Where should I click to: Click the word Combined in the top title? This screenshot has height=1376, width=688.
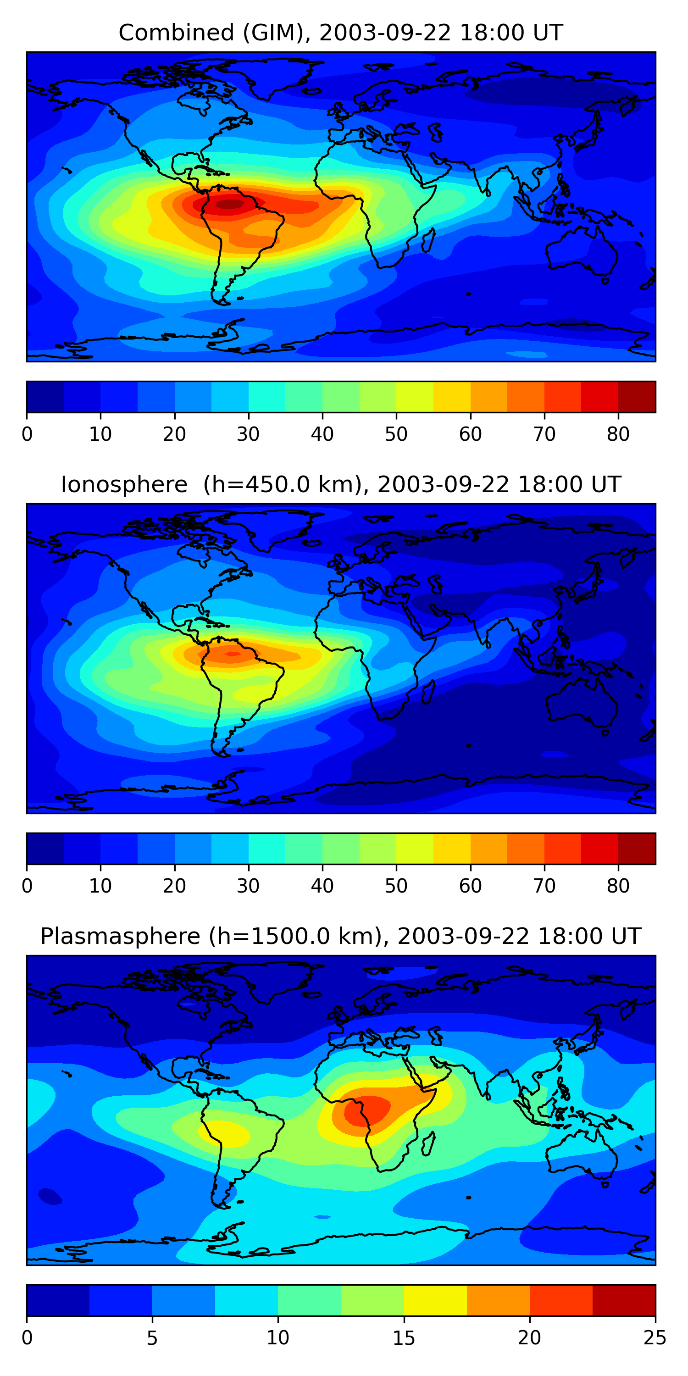pyautogui.click(x=176, y=33)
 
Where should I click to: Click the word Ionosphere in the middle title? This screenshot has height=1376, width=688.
pyautogui.click(x=124, y=484)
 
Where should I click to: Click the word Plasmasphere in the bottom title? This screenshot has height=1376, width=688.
pyautogui.click(x=120, y=937)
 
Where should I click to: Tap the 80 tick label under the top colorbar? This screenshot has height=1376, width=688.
pyautogui.click(x=618, y=434)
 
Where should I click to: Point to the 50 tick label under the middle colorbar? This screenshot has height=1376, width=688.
pyautogui.click(x=396, y=886)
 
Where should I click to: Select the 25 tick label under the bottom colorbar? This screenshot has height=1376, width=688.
pyautogui.click(x=655, y=1338)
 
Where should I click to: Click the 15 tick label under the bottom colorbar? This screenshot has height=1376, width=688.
pyautogui.click(x=404, y=1338)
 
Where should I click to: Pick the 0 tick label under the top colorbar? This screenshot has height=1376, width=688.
pyautogui.click(x=27, y=434)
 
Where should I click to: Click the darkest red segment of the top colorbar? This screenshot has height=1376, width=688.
pyautogui.click(x=637, y=397)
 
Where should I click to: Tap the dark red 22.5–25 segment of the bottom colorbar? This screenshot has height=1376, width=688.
pyautogui.click(x=624, y=1301)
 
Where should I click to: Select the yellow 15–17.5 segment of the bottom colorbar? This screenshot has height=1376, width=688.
pyautogui.click(x=435, y=1301)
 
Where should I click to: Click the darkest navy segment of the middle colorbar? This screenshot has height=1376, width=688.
pyautogui.click(x=45, y=849)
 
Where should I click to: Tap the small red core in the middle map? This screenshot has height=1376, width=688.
pyautogui.click(x=232, y=653)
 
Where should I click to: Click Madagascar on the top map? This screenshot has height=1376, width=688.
pyautogui.click(x=428, y=240)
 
